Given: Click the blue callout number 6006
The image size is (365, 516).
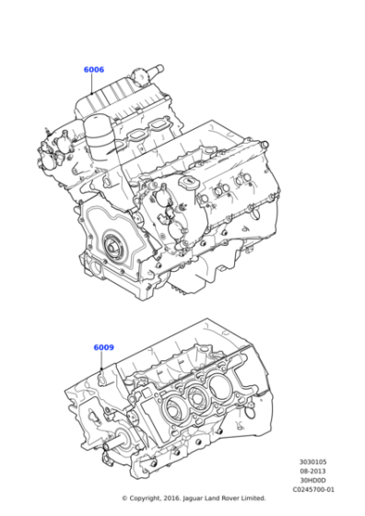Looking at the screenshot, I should (x=93, y=70).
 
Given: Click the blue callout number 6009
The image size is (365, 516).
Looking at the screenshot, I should (x=103, y=347).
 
